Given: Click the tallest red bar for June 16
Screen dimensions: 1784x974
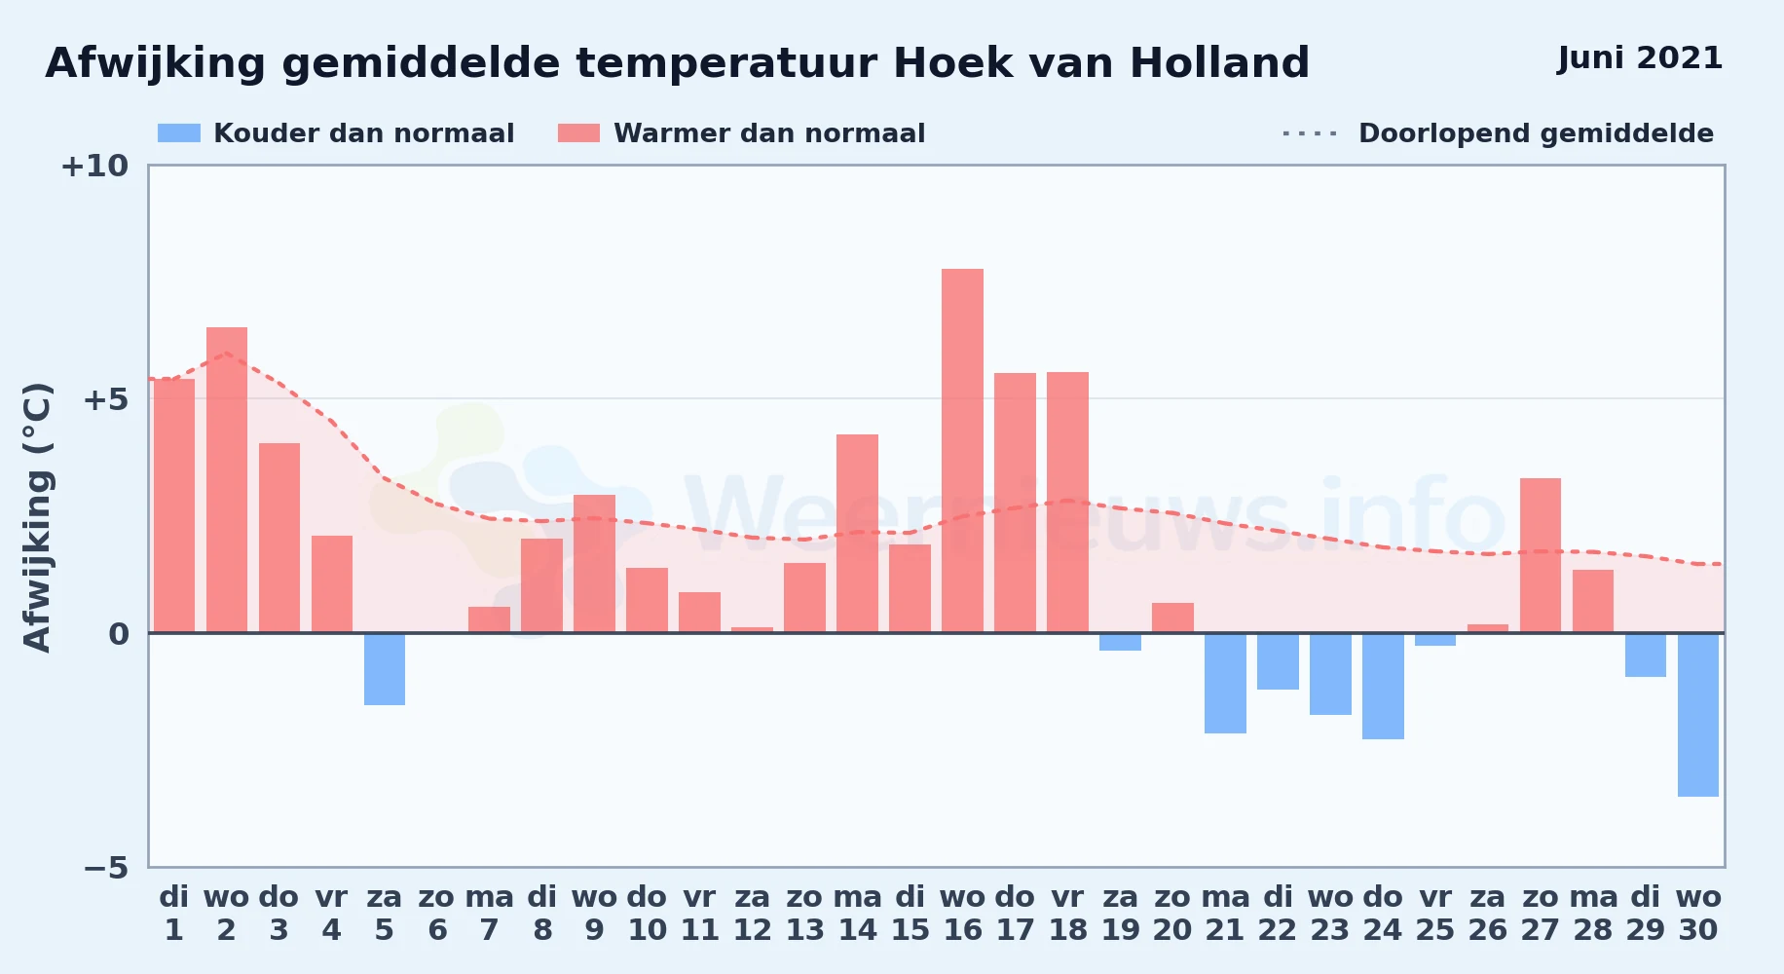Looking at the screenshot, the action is pyautogui.click(x=962, y=451).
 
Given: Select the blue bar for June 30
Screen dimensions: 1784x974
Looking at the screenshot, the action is pyautogui.click(x=1698, y=715).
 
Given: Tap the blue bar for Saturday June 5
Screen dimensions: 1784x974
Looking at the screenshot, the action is pyautogui.click(x=385, y=669).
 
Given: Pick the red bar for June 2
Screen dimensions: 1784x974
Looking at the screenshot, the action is pyautogui.click(x=227, y=480).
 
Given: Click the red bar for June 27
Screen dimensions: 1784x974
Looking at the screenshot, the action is pyautogui.click(x=1541, y=555).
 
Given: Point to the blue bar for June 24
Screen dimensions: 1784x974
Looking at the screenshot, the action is pyautogui.click(x=1383, y=686).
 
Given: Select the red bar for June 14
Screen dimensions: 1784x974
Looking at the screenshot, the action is pyautogui.click(x=857, y=534).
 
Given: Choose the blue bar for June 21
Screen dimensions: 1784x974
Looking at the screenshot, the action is pyautogui.click(x=1225, y=683).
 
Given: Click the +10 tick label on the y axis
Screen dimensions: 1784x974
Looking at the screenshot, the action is pyautogui.click(x=94, y=166).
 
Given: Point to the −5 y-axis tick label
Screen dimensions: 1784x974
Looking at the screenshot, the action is pyautogui.click(x=106, y=868).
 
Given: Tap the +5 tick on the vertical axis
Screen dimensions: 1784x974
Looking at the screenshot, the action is pyautogui.click(x=106, y=399).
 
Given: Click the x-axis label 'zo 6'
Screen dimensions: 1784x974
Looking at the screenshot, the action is pyautogui.click(x=437, y=914).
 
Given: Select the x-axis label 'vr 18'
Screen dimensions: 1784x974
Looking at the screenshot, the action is pyautogui.click(x=1068, y=914).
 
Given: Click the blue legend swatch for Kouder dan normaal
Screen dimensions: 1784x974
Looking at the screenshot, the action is pyautogui.click(x=179, y=133).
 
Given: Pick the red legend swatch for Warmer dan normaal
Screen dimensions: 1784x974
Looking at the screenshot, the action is pyautogui.click(x=579, y=133).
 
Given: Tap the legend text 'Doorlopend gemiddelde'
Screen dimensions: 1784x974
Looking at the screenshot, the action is pyautogui.click(x=1536, y=133).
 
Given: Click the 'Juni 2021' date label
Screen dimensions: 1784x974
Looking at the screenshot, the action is pyautogui.click(x=1640, y=58).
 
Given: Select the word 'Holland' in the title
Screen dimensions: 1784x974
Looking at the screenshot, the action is pyautogui.click(x=1219, y=63).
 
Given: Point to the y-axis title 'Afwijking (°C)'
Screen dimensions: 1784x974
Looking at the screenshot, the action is pyautogui.click(x=37, y=517).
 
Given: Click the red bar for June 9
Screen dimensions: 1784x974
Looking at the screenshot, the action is pyautogui.click(x=594, y=564).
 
